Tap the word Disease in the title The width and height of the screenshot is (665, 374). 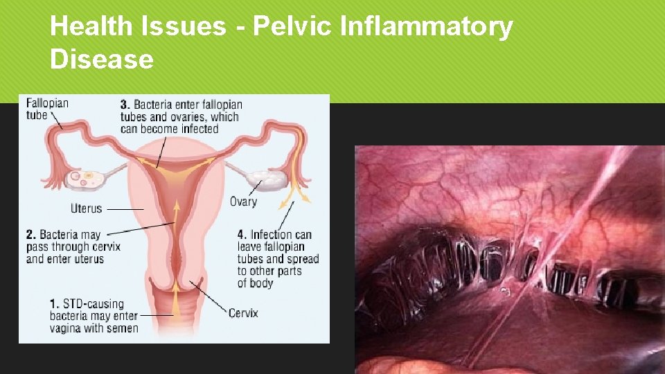pyautogui.click(x=101, y=59)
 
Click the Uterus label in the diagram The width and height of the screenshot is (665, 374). pyautogui.click(x=86, y=208)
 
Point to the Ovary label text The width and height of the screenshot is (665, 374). pyautogui.click(x=243, y=202)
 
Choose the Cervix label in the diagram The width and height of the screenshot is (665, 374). pyautogui.click(x=243, y=313)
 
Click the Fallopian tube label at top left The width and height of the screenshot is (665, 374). pyautogui.click(x=47, y=109)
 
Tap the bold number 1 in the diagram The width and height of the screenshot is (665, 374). pyautogui.click(x=53, y=304)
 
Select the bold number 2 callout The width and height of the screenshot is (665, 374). pyautogui.click(x=30, y=235)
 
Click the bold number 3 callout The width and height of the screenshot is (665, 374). pyautogui.click(x=125, y=105)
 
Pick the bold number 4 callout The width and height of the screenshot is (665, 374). pyautogui.click(x=242, y=235)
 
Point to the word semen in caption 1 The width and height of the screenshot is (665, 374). pyautogui.click(x=122, y=328)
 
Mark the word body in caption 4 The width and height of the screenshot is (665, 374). pyautogui.click(x=261, y=283)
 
